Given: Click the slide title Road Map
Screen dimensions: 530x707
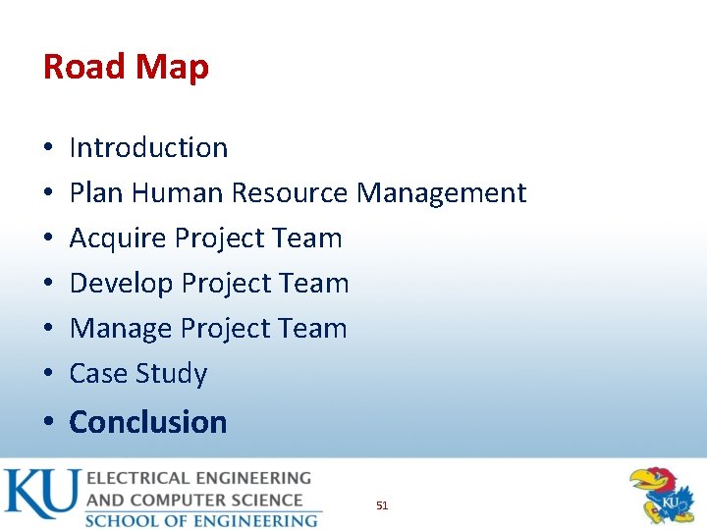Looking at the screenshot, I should [x=126, y=67].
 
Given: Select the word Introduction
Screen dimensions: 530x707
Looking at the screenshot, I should [x=148, y=148].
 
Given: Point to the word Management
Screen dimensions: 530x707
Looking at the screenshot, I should [x=441, y=193].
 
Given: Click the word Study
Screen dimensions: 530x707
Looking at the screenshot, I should [x=172, y=374].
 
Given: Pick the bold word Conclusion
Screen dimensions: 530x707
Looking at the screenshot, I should [x=148, y=422].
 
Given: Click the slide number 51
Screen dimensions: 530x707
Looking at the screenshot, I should [x=382, y=505].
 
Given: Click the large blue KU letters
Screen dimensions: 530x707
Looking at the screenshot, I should [x=41, y=494].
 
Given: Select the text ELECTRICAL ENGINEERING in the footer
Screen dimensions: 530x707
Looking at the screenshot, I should [x=198, y=479].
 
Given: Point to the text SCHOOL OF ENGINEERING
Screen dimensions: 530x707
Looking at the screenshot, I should [x=201, y=520].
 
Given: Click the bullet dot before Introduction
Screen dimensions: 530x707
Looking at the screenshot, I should [x=48, y=149].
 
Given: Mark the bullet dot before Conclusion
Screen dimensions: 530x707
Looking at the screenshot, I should [x=48, y=423].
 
